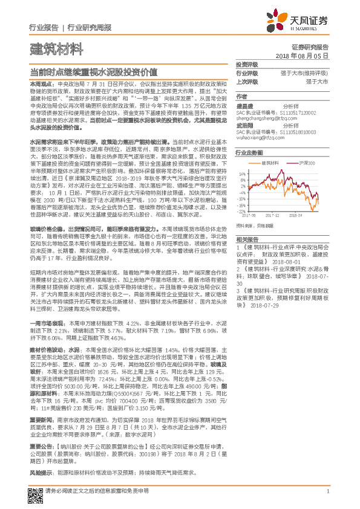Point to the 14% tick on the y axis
[x=241, y=173]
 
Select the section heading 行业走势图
[x=249, y=154]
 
